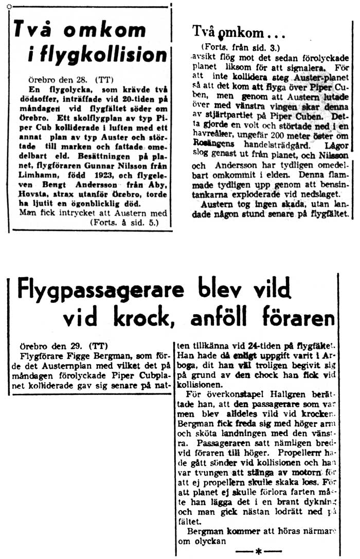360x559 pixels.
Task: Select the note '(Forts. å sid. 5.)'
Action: click(x=123, y=223)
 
